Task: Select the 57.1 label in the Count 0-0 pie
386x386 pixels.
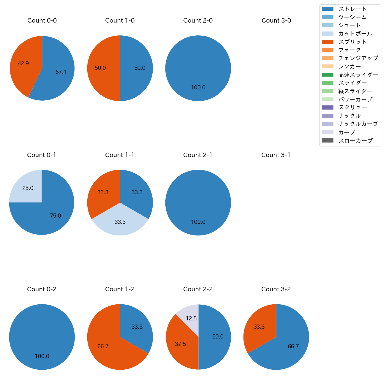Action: [x=61, y=72]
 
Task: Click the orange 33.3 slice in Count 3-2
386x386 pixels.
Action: [x=258, y=327]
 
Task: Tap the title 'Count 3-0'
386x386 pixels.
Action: [x=276, y=20]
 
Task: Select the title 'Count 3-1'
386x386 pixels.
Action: [x=276, y=155]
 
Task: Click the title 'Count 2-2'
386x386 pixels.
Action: [x=198, y=289]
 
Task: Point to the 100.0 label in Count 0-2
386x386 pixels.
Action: [x=42, y=356]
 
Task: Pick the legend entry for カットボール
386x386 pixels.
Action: [x=355, y=34]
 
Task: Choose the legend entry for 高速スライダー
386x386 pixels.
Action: [x=358, y=75]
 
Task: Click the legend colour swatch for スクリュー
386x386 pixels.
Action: [x=328, y=107]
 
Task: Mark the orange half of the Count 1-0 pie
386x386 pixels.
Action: [x=102, y=68]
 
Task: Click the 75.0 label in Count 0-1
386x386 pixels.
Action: [x=56, y=216]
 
